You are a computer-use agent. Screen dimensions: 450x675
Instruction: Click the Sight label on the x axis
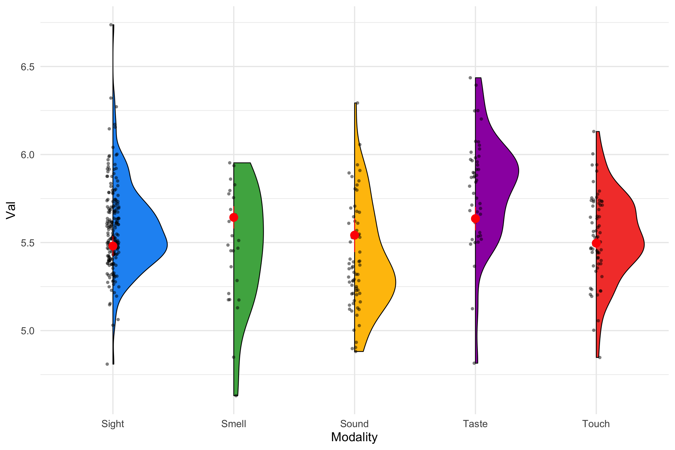coord(113,424)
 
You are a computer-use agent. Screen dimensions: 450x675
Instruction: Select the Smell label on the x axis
coord(233,424)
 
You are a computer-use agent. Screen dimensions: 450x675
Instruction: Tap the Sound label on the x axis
coord(354,424)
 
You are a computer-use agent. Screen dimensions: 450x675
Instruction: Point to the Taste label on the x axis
coord(475,424)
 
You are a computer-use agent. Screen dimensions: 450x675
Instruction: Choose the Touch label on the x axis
coord(596,424)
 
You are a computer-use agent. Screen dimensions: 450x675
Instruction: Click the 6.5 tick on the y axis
coord(28,67)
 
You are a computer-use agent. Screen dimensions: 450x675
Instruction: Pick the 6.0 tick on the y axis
coord(28,155)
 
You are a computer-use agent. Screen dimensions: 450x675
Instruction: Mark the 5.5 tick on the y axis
coord(28,243)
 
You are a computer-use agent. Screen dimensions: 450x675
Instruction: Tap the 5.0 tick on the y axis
coord(28,331)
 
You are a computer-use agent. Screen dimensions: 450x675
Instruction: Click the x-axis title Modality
coord(354,437)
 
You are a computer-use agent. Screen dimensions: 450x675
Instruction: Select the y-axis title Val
coord(11,210)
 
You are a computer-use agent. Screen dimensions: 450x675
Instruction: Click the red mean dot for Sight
coord(113,246)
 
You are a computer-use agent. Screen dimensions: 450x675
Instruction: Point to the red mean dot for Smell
coord(233,217)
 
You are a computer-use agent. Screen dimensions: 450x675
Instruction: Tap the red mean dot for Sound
coord(354,235)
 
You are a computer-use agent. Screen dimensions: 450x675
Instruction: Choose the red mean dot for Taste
coord(475,219)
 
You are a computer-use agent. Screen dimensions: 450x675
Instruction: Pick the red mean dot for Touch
coord(596,243)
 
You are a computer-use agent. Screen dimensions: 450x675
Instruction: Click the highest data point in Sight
coord(111,25)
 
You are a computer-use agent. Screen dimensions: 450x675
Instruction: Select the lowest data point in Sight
coord(107,364)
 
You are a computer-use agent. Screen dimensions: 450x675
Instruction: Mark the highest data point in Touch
coord(594,132)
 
